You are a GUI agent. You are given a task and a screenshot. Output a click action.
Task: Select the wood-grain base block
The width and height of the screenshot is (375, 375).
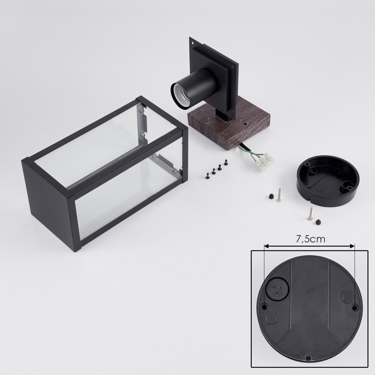[229, 129]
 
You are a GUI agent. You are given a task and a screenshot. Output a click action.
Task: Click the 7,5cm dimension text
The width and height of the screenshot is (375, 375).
[310, 239]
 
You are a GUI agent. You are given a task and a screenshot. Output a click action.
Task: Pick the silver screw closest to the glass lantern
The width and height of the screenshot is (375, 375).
[279, 195]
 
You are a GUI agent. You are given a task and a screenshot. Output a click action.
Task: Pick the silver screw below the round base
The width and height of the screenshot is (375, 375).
[310, 213]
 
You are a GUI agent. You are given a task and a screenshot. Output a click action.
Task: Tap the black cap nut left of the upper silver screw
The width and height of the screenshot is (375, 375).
[270, 196]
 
